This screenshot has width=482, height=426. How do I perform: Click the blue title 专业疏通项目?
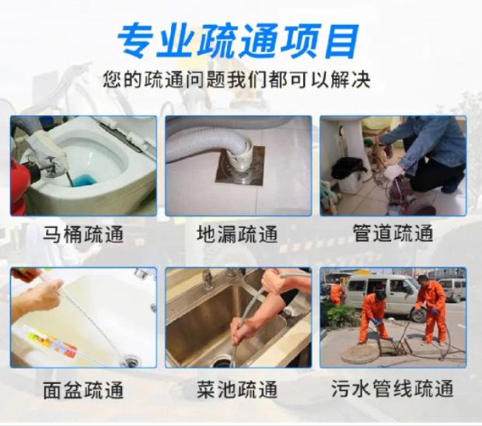pyautogui.click(x=238, y=41)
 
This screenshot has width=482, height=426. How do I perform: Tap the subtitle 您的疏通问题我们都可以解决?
pyautogui.click(x=236, y=79)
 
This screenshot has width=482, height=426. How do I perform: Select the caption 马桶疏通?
pyautogui.click(x=83, y=234)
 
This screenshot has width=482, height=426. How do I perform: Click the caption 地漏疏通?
pyautogui.click(x=237, y=234)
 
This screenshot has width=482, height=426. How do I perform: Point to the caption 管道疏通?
pyautogui.click(x=393, y=233)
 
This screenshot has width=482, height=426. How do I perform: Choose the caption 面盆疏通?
pyautogui.click(x=83, y=389)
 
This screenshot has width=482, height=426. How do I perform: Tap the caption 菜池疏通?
pyautogui.click(x=237, y=389)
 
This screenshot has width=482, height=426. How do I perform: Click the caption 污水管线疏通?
pyautogui.click(x=393, y=389)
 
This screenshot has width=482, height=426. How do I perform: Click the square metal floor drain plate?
pyautogui.click(x=240, y=166)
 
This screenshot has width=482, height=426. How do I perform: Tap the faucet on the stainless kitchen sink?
pyautogui.click(x=208, y=280)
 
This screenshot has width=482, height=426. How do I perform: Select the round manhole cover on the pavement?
pyautogui.click(x=360, y=354)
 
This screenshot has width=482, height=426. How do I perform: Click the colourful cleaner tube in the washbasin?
pyautogui.click(x=49, y=341)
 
